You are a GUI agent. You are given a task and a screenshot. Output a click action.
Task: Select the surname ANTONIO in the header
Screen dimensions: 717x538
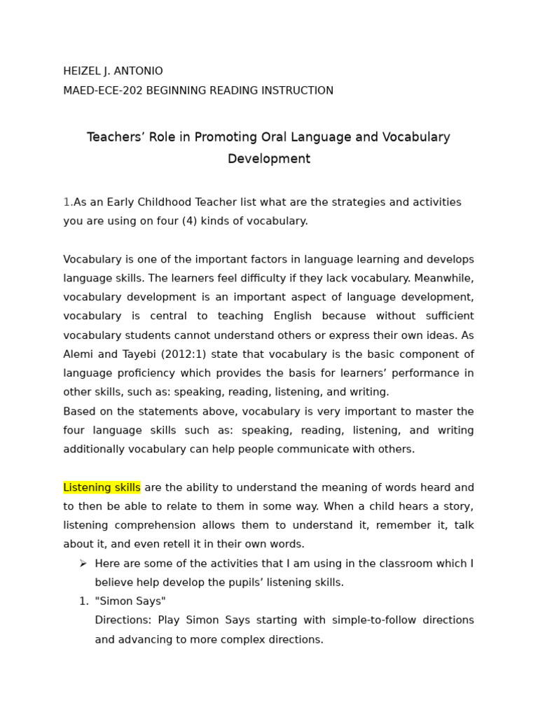139,71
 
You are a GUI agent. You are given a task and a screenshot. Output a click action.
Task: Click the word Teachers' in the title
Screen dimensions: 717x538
115,137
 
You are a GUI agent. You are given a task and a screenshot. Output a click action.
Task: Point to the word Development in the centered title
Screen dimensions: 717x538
269,159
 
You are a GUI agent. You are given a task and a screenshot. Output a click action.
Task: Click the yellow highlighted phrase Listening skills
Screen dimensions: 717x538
102,487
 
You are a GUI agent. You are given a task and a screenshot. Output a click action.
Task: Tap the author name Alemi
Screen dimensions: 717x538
79,354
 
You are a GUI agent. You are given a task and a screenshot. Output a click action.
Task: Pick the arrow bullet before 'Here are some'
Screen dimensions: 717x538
83,563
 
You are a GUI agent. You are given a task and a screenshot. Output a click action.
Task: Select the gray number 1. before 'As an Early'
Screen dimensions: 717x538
68,202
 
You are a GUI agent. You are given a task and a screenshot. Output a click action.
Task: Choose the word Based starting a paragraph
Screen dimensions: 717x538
79,412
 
